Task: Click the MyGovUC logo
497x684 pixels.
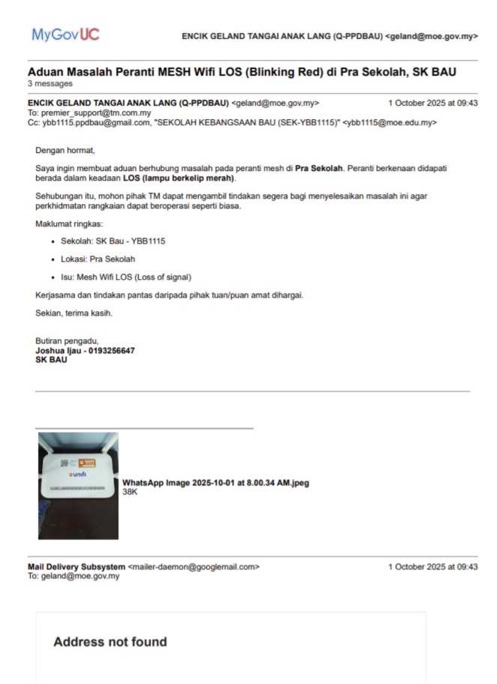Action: point(65,34)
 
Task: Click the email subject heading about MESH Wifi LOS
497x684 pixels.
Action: point(242,72)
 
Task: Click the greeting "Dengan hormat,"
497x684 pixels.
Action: point(66,151)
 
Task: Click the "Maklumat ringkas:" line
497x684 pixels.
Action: point(71,224)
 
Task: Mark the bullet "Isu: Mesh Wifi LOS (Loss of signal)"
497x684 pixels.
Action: point(126,277)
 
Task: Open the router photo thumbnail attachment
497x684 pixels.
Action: point(78,485)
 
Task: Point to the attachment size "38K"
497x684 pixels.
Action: point(130,492)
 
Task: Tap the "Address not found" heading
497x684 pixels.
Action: point(110,642)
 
